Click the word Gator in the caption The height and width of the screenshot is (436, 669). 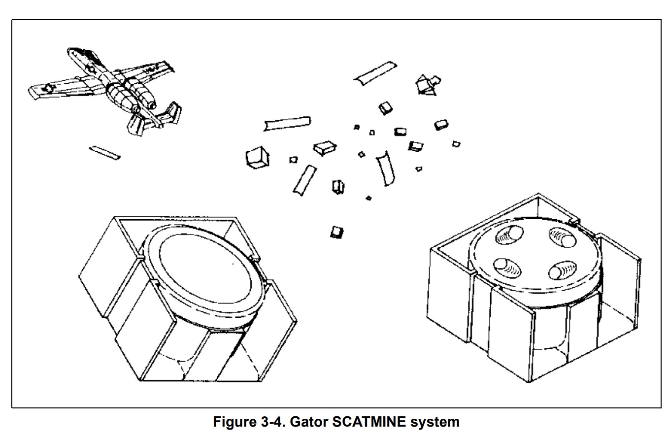308,422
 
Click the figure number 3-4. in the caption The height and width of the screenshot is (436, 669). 272,422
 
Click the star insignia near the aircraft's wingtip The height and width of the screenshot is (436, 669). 48,89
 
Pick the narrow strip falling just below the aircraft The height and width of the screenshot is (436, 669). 104,153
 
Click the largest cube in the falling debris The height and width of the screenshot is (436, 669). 257,158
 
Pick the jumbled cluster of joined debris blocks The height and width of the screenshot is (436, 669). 427,84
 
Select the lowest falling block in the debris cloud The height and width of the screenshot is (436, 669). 337,232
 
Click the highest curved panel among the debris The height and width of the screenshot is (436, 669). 375,72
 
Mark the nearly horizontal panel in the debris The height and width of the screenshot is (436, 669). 287,123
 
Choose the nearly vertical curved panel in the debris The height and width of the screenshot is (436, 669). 385,169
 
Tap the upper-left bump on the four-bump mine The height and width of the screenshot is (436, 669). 509,235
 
